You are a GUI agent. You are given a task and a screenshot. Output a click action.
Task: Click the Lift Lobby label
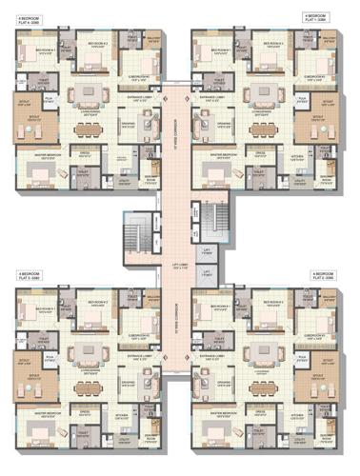coord(179,268)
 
